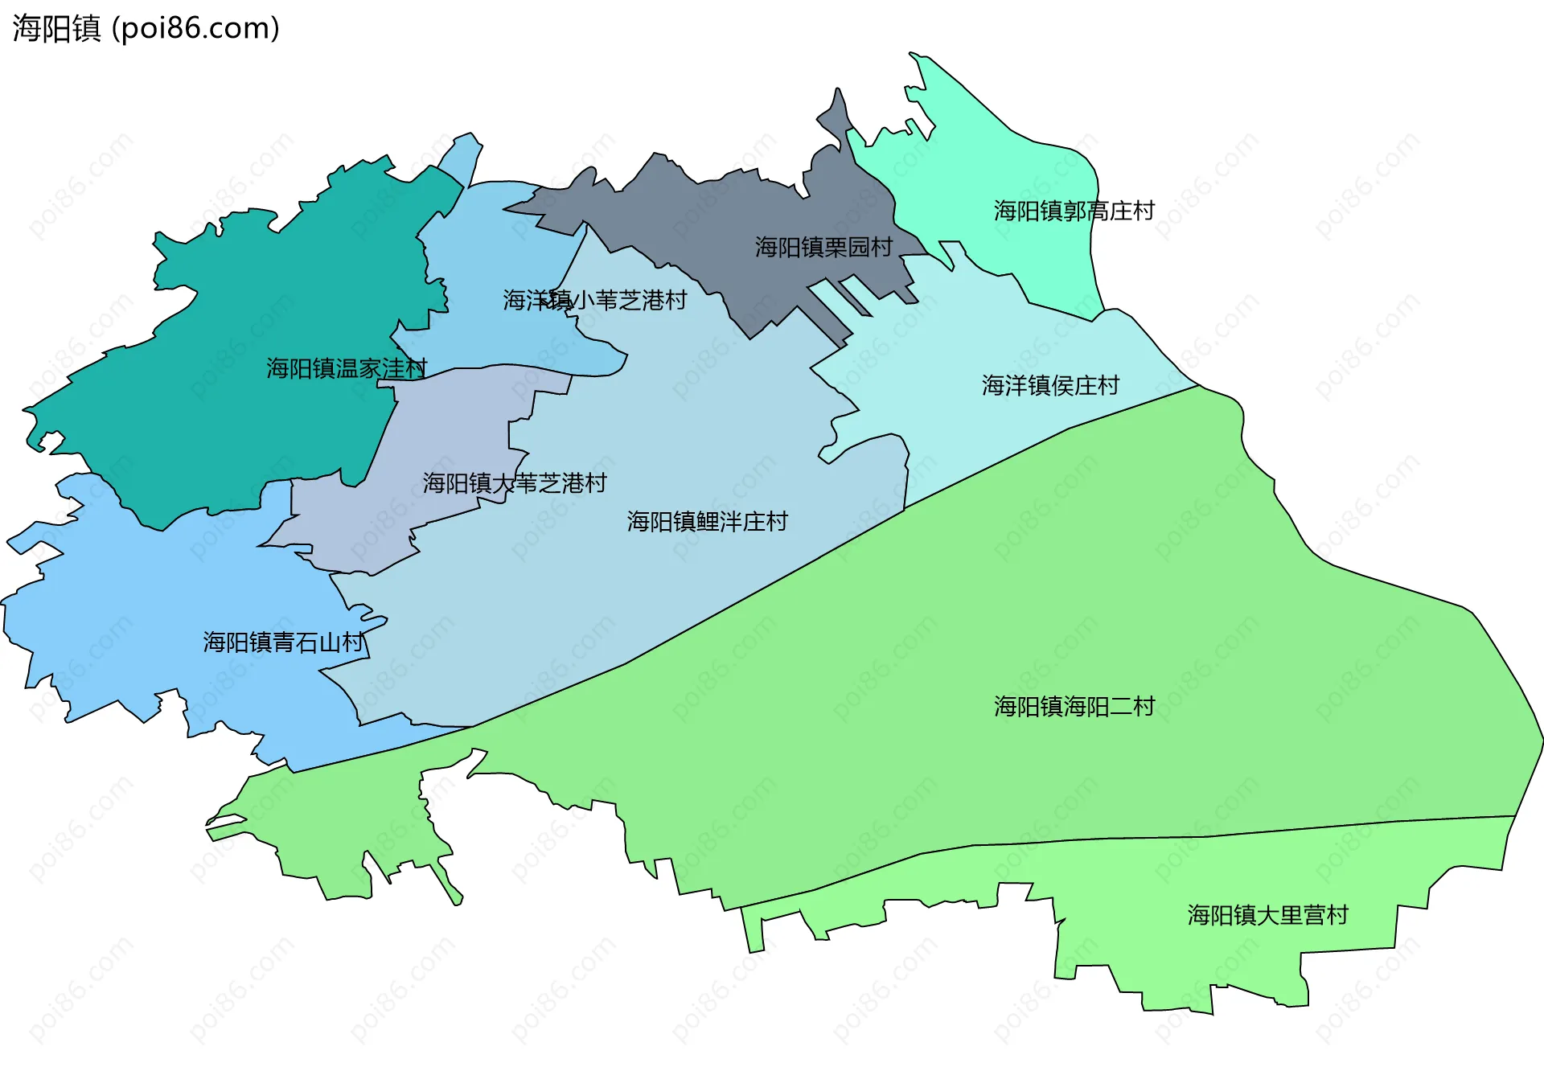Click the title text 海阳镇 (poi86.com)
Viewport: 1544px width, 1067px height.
tap(146, 28)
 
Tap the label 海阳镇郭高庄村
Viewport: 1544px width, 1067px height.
tap(1074, 211)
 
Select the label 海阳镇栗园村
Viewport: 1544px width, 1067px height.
tap(823, 247)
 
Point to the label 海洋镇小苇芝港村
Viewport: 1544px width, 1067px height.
tap(594, 300)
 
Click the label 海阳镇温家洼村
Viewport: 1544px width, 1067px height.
tap(346, 368)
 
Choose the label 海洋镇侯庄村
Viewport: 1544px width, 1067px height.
tap(1049, 385)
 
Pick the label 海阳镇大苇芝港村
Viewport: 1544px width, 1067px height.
tap(514, 482)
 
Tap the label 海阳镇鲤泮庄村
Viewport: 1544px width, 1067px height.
tap(707, 521)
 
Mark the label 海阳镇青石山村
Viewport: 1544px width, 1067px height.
tap(283, 642)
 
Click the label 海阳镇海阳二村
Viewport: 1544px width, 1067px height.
tap(1074, 706)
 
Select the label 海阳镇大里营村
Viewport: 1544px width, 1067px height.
tap(1267, 914)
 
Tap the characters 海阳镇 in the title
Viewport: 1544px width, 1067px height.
tap(56, 28)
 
